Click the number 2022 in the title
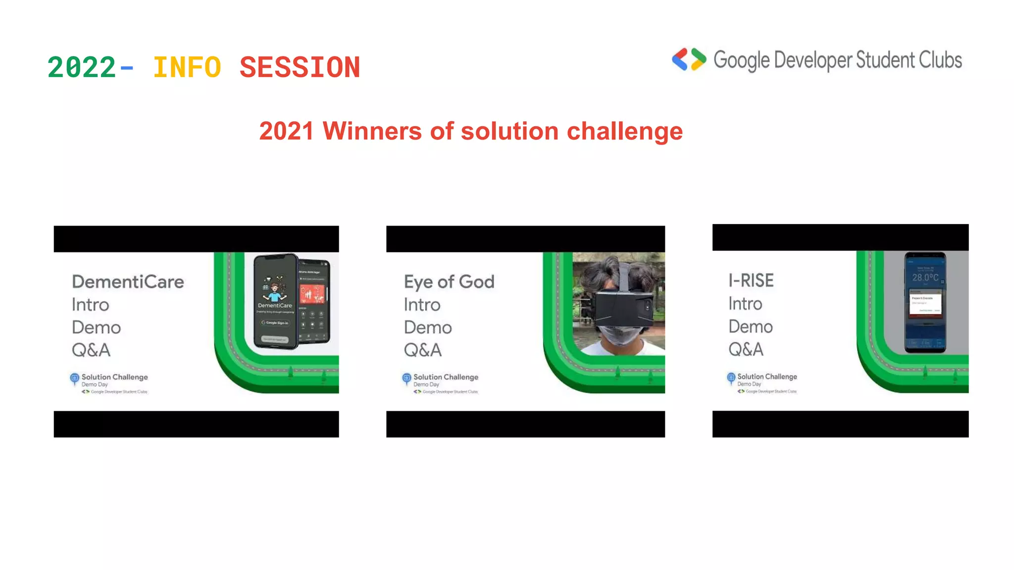pyautogui.click(x=82, y=67)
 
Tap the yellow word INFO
pyautogui.click(x=187, y=67)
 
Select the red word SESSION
pyautogui.click(x=300, y=67)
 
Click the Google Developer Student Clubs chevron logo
pyautogui.click(x=689, y=59)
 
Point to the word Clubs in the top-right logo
pyautogui.click(x=940, y=60)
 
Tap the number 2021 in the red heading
pyautogui.click(x=286, y=131)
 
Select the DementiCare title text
pyautogui.click(x=128, y=282)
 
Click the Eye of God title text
pyautogui.click(x=449, y=282)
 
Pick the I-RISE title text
pyautogui.click(x=751, y=281)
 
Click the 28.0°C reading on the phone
pyautogui.click(x=925, y=277)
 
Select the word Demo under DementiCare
pyautogui.click(x=96, y=328)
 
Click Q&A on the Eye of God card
pyautogui.click(x=422, y=350)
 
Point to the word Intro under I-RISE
pyautogui.click(x=745, y=304)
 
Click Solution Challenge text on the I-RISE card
pyautogui.click(x=767, y=377)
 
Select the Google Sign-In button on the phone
pyautogui.click(x=275, y=323)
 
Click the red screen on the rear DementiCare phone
pyautogui.click(x=312, y=294)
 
